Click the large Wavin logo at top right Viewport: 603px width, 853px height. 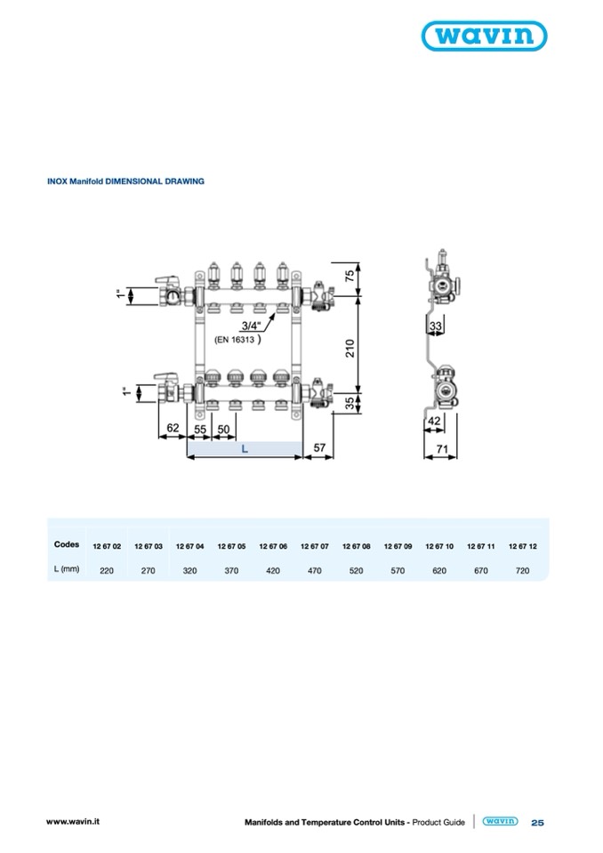484,36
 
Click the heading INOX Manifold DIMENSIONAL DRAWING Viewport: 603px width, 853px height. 125,181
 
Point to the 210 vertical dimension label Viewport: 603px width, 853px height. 350,348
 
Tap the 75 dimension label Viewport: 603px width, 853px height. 350,274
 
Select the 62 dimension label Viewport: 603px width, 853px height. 173,428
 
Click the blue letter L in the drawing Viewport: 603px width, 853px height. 245,449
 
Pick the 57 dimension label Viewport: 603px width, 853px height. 319,447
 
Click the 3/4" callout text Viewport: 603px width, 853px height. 251,326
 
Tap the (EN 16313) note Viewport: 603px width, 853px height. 237,340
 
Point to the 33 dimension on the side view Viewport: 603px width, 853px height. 436,326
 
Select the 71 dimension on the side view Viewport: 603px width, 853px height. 442,449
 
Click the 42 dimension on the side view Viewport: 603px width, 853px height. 434,421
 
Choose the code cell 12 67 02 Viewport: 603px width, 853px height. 107,546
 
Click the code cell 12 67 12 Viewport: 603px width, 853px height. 523,546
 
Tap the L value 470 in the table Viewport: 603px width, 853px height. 314,571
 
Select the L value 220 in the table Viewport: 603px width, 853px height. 107,571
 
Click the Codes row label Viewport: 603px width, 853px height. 67,544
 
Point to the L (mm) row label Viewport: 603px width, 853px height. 67,569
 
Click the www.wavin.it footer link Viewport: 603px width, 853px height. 73,822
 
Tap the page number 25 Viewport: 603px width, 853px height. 537,823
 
